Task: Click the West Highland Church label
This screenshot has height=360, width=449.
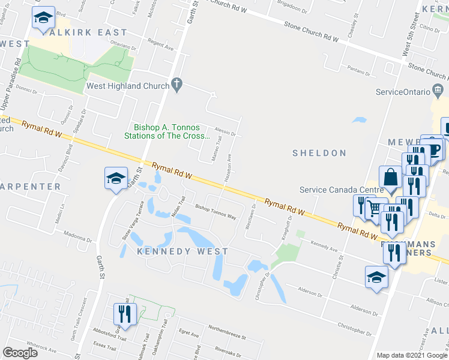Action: coord(128,86)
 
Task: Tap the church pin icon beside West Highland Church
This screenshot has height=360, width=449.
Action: coord(176,85)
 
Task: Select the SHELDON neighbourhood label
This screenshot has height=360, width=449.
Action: coord(319,153)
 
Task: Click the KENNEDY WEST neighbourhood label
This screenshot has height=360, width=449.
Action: coord(182,251)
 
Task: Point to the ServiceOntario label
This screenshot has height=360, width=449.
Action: coord(403,92)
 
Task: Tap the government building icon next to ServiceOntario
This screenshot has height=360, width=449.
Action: coord(438,91)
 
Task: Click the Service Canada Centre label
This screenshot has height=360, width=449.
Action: coord(342,190)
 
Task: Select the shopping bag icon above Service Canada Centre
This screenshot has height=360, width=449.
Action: coord(391,178)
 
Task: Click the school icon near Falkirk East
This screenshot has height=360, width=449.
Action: coord(43,19)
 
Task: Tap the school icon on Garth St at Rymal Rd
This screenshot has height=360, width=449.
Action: coord(116,178)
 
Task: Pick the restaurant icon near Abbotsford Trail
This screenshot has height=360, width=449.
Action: coord(125,313)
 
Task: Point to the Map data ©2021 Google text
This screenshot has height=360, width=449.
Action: coord(412,355)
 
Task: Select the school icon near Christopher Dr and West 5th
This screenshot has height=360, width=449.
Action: coord(376,277)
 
